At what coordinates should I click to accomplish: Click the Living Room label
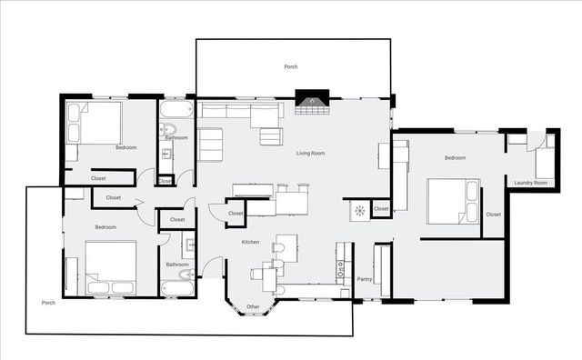point(310,153)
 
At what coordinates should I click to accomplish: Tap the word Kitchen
point(250,242)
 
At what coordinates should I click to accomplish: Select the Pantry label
point(365,279)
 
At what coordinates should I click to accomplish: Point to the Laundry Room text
point(530,183)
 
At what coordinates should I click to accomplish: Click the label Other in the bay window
point(253,306)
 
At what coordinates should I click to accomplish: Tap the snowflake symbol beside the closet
point(359,211)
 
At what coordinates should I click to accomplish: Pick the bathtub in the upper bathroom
point(176,111)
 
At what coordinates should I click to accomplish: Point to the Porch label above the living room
point(291,67)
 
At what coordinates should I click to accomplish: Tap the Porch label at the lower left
point(49,302)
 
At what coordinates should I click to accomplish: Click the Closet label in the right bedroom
point(493,215)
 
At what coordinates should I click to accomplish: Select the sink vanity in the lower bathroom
point(188,243)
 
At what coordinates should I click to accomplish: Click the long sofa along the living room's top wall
point(241,113)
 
